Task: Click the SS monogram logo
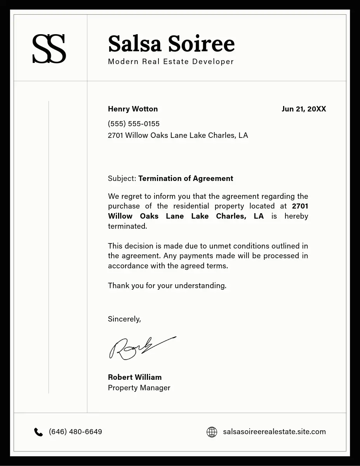tap(49, 49)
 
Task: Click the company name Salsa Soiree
tap(171, 43)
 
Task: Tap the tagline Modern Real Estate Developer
tap(171, 61)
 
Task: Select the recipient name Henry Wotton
tap(133, 109)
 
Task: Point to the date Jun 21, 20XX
tap(304, 109)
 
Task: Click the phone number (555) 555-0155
tap(134, 124)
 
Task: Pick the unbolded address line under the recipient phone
tap(178, 136)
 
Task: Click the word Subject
tap(122, 179)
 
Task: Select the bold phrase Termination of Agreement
tap(186, 179)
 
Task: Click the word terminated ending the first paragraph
tap(127, 226)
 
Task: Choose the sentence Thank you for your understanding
tap(167, 286)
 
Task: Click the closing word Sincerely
tap(124, 319)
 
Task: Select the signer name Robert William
tap(135, 377)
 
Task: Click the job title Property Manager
tap(139, 388)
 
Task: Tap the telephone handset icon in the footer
tap(38, 432)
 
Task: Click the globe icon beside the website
tap(212, 432)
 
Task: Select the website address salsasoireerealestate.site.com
tap(274, 432)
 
